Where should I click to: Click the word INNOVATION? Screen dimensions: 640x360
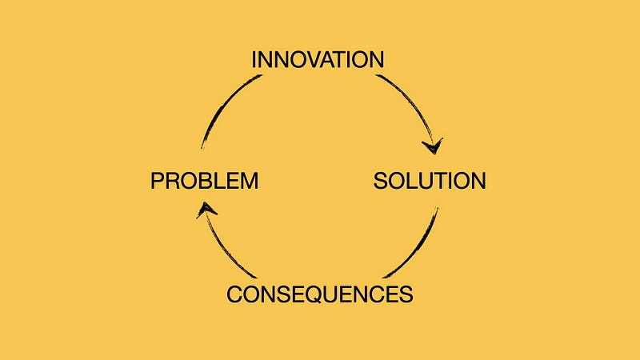[318, 59]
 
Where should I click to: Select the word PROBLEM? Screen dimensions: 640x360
[205, 181]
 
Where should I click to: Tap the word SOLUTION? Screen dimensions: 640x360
[430, 181]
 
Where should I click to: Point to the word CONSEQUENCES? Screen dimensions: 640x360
[319, 294]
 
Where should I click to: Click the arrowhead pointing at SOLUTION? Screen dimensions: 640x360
[433, 146]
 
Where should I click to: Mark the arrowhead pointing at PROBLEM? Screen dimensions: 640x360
[206, 210]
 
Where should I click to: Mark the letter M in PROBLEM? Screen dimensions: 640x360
[250, 181]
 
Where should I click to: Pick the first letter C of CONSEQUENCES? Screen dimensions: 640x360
[235, 294]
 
